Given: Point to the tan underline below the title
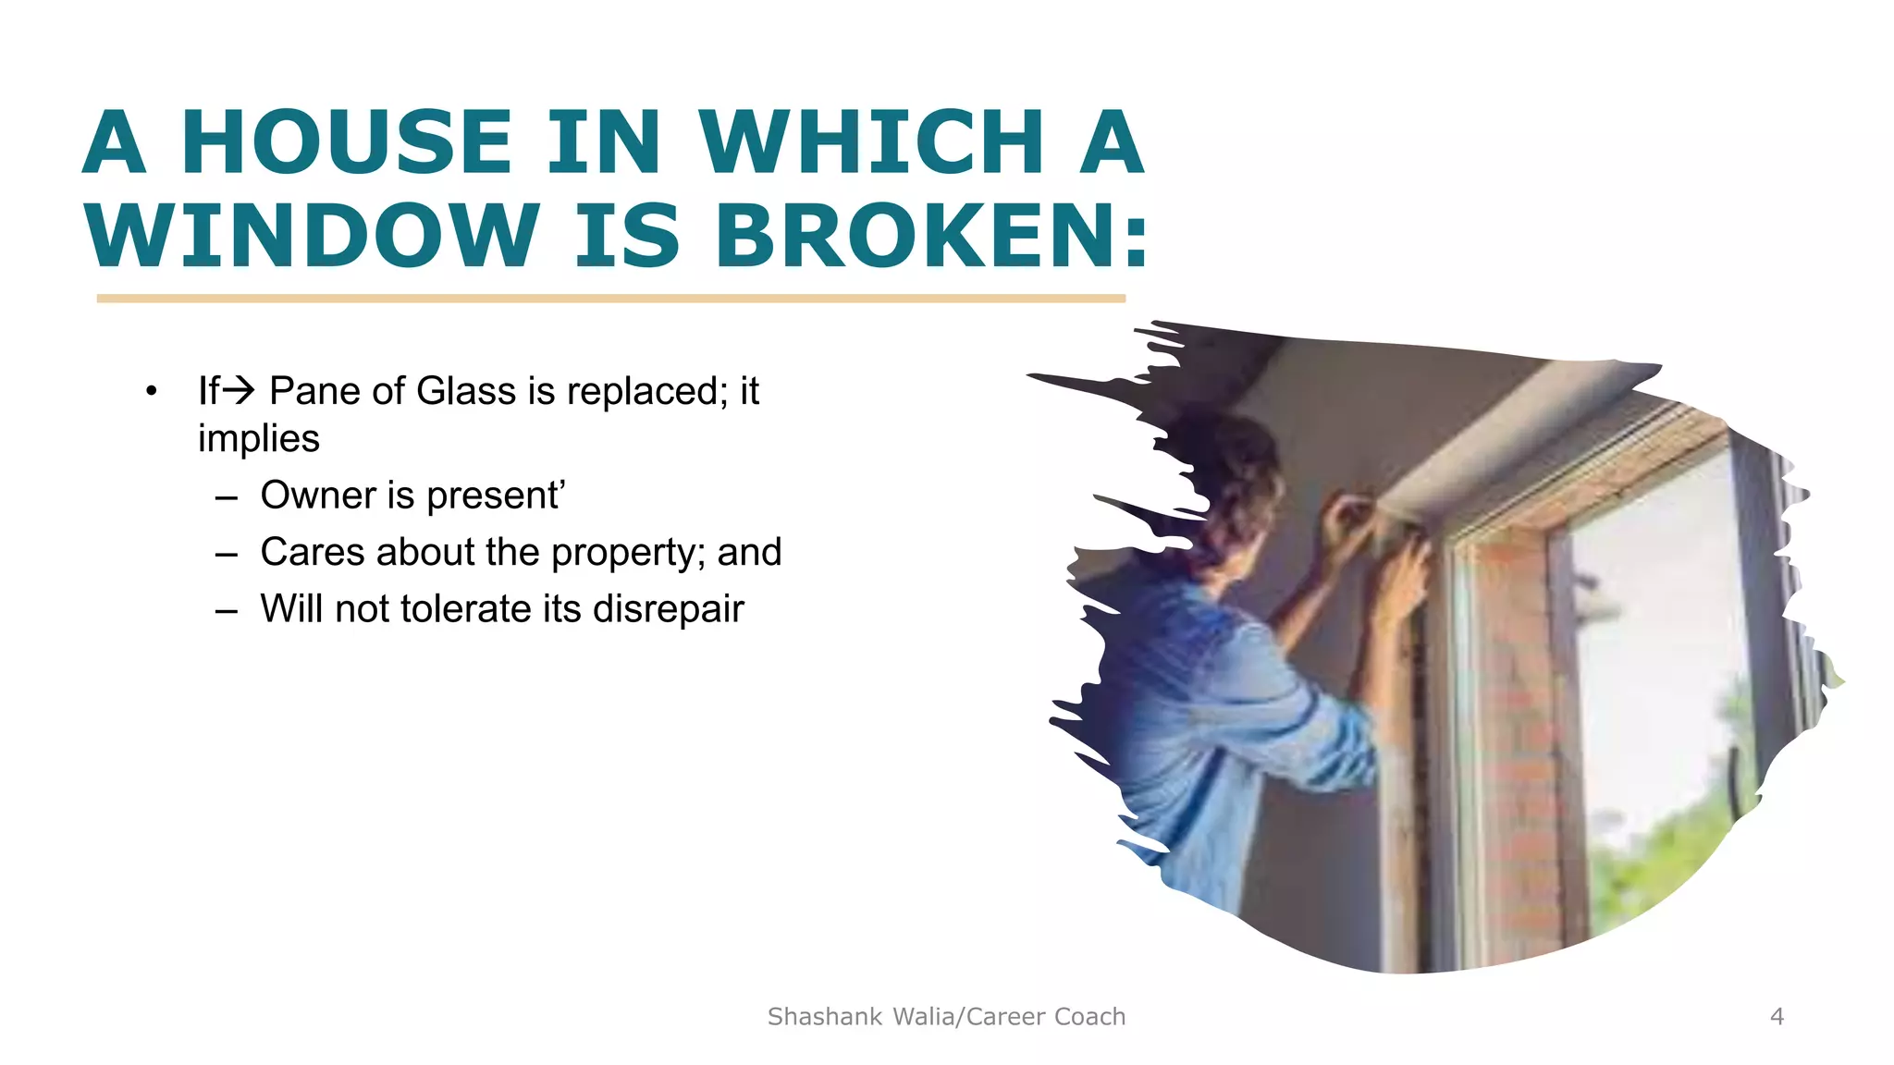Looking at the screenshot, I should click(610, 299).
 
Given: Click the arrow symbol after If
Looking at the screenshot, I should click(240, 390).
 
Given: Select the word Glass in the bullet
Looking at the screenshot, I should click(467, 390).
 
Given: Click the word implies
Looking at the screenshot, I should click(259, 439).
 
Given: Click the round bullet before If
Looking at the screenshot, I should click(152, 391).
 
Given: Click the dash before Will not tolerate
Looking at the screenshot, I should click(227, 610).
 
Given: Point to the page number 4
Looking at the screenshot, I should click(1777, 1017).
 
